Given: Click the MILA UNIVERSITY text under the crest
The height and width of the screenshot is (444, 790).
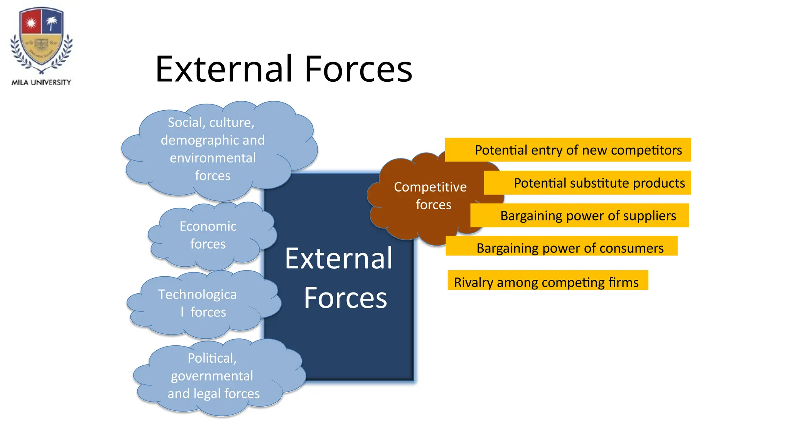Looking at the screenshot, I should (x=41, y=82).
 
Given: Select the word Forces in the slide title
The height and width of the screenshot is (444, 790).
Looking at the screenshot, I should (x=358, y=69).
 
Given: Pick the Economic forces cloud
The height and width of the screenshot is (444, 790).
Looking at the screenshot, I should (x=208, y=235).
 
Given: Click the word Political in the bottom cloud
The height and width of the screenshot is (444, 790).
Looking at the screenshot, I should (x=212, y=358).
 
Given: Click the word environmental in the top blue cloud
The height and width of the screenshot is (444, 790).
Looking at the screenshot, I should (x=213, y=158).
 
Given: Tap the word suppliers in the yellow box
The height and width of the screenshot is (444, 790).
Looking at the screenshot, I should (x=653, y=215).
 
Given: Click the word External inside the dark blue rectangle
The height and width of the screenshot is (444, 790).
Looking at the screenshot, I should (x=339, y=258).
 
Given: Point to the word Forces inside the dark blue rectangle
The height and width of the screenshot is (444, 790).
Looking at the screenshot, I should (x=345, y=298).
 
